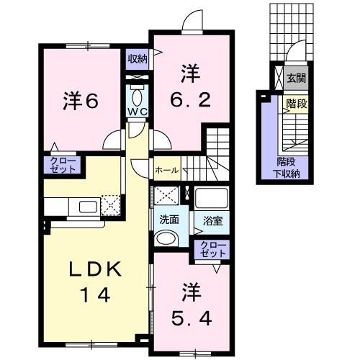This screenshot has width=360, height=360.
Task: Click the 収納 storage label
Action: coord(138,59)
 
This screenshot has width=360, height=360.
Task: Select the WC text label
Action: coord(138,112)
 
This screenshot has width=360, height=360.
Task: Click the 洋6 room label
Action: coord(81,101)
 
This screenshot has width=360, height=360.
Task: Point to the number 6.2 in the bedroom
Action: coord(191,100)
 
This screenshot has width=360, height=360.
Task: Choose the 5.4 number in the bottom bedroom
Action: coord(192,318)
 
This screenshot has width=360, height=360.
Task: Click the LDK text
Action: coord(95,269)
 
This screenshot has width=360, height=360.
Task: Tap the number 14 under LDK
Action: coord(95,294)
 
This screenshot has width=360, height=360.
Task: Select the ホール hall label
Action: coord(167,170)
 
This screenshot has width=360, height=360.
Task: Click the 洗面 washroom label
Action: coord(169,220)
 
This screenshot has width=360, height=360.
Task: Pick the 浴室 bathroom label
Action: coord(212,221)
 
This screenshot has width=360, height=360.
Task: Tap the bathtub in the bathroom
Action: coord(212,198)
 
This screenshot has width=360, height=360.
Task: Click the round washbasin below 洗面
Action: coord(166,238)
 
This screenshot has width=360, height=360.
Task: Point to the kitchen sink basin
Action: coord(88,207)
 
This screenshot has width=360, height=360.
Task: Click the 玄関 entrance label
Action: coord(297,78)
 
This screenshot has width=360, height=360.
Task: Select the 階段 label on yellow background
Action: coord(297,104)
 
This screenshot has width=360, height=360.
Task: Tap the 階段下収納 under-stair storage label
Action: coord(287,168)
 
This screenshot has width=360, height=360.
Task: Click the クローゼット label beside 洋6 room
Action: coord(63,165)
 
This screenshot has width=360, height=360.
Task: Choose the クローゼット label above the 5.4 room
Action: coord(213,249)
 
